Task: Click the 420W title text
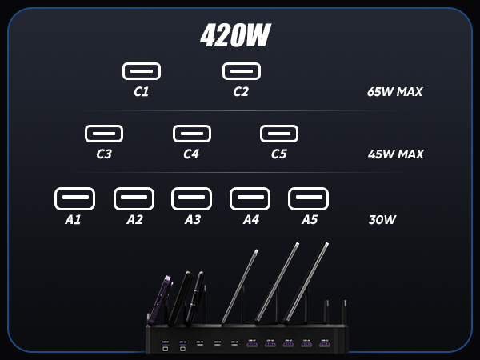tap(234, 35)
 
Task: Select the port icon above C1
tap(142, 71)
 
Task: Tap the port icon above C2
tap(242, 71)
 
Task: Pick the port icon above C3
tap(104, 134)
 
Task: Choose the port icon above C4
tap(192, 134)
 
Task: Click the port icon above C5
tap(279, 134)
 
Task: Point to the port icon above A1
tap(74, 198)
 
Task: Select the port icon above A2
tap(134, 198)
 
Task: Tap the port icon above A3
tap(192, 198)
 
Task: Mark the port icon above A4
tap(250, 198)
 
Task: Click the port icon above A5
tap(308, 198)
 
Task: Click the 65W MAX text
tap(394, 92)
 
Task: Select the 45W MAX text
tap(395, 154)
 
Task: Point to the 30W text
tap(382, 220)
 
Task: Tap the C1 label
tap(142, 92)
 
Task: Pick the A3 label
tap(193, 220)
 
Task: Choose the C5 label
tap(278, 154)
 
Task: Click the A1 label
tap(74, 220)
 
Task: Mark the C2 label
tap(241, 92)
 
